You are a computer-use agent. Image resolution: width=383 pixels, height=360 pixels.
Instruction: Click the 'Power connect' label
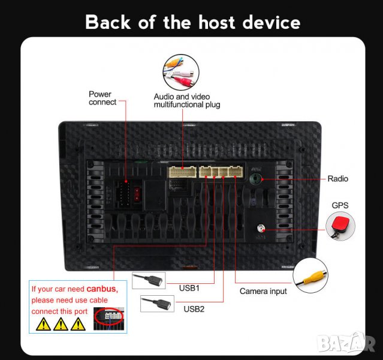coord(102,98)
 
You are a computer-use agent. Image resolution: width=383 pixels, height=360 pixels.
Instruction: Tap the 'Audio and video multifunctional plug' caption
coord(186,100)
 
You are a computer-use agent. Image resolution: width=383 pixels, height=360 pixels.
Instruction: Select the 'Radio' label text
coord(337,179)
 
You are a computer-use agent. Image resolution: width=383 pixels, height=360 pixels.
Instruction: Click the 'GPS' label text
coord(340,205)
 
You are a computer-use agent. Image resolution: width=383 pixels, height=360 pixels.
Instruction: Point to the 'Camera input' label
coord(263,291)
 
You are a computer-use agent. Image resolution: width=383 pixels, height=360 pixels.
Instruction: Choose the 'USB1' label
coord(189,287)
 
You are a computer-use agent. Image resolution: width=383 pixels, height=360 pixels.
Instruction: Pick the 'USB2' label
coord(194,309)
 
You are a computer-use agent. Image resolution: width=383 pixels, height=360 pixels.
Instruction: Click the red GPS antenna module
coord(339,227)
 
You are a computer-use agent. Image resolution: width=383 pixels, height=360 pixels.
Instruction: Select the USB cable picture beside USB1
coord(149,281)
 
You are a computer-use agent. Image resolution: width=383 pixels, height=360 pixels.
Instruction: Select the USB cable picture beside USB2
coord(157,304)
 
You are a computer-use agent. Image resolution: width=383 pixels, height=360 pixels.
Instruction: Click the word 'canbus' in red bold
coord(102,289)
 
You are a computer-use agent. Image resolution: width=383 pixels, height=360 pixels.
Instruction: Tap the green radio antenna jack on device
coord(256,178)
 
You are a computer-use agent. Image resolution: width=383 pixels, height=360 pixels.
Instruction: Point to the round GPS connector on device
coord(261,229)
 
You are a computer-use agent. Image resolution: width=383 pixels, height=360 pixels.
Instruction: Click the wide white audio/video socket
coord(182,172)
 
